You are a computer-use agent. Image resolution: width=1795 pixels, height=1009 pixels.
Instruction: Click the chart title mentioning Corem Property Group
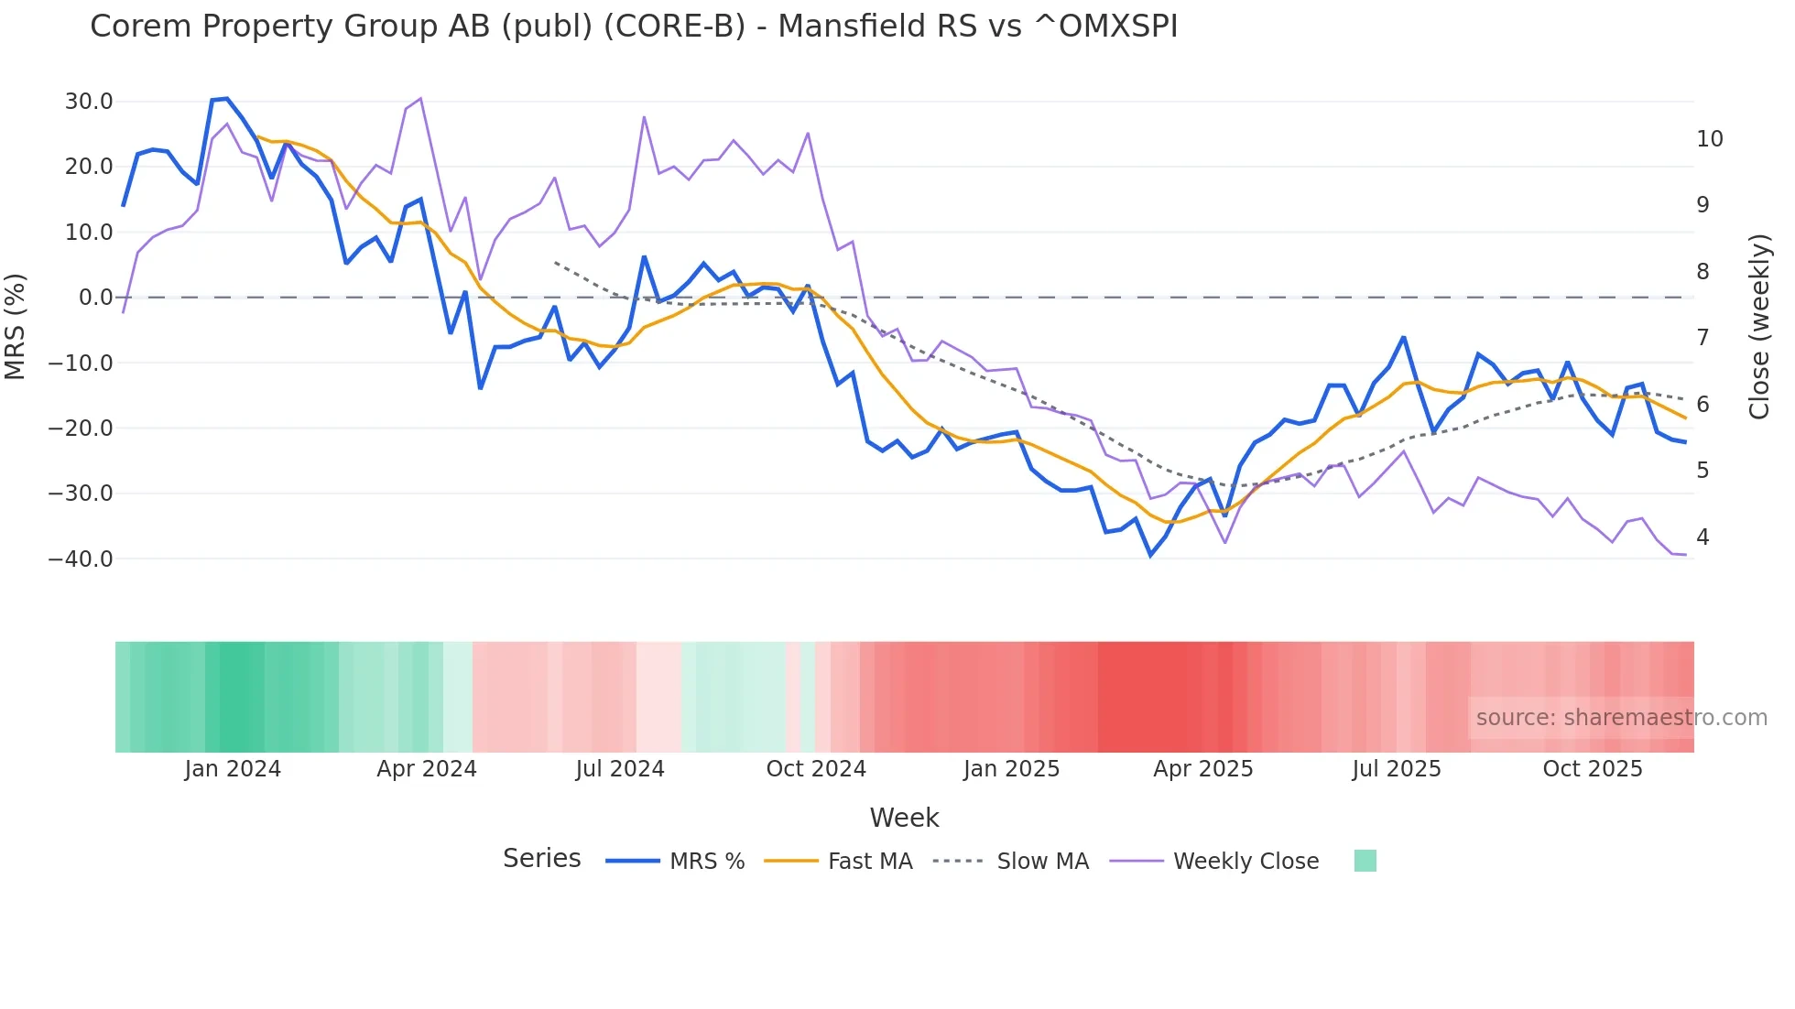point(634,27)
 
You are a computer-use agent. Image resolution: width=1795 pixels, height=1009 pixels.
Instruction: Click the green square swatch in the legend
point(1365,861)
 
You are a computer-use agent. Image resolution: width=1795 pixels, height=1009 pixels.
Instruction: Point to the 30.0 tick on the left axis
point(89,102)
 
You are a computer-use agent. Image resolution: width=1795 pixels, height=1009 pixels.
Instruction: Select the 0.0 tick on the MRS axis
point(95,298)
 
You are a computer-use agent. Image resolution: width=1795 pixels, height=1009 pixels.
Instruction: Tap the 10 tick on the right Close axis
point(1709,139)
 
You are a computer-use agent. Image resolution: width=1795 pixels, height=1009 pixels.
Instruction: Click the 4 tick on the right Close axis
point(1703,537)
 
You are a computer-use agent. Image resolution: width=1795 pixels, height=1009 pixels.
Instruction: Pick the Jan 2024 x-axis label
point(233,769)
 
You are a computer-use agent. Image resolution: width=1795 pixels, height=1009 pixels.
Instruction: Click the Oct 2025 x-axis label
point(1592,769)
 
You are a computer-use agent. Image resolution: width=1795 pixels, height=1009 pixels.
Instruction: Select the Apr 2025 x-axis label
point(1202,769)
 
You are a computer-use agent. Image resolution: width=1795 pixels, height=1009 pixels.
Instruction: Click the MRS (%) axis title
point(16,326)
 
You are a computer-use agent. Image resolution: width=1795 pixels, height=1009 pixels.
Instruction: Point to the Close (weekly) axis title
point(1758,327)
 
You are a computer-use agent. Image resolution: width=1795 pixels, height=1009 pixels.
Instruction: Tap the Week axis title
point(904,818)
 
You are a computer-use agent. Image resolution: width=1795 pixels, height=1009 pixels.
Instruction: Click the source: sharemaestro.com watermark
point(1621,718)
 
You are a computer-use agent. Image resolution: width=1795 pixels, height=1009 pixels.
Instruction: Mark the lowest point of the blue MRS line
point(1151,555)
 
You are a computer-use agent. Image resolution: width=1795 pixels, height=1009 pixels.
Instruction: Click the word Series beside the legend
point(541,859)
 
